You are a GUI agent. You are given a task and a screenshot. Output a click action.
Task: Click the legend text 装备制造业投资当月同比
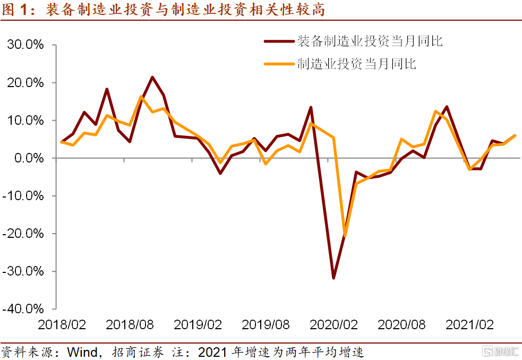click(x=370, y=41)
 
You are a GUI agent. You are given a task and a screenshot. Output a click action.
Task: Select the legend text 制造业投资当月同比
click(x=357, y=65)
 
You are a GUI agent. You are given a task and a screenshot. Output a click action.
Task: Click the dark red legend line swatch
click(x=279, y=41)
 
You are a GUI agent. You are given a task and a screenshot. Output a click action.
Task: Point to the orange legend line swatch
click(x=279, y=65)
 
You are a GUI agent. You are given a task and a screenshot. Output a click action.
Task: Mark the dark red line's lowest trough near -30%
click(x=333, y=278)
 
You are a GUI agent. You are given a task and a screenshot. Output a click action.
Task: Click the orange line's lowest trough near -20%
click(x=345, y=235)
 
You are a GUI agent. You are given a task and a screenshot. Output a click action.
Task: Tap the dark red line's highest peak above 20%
click(x=152, y=78)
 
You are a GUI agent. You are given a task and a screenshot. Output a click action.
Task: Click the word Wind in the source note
click(x=83, y=352)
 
